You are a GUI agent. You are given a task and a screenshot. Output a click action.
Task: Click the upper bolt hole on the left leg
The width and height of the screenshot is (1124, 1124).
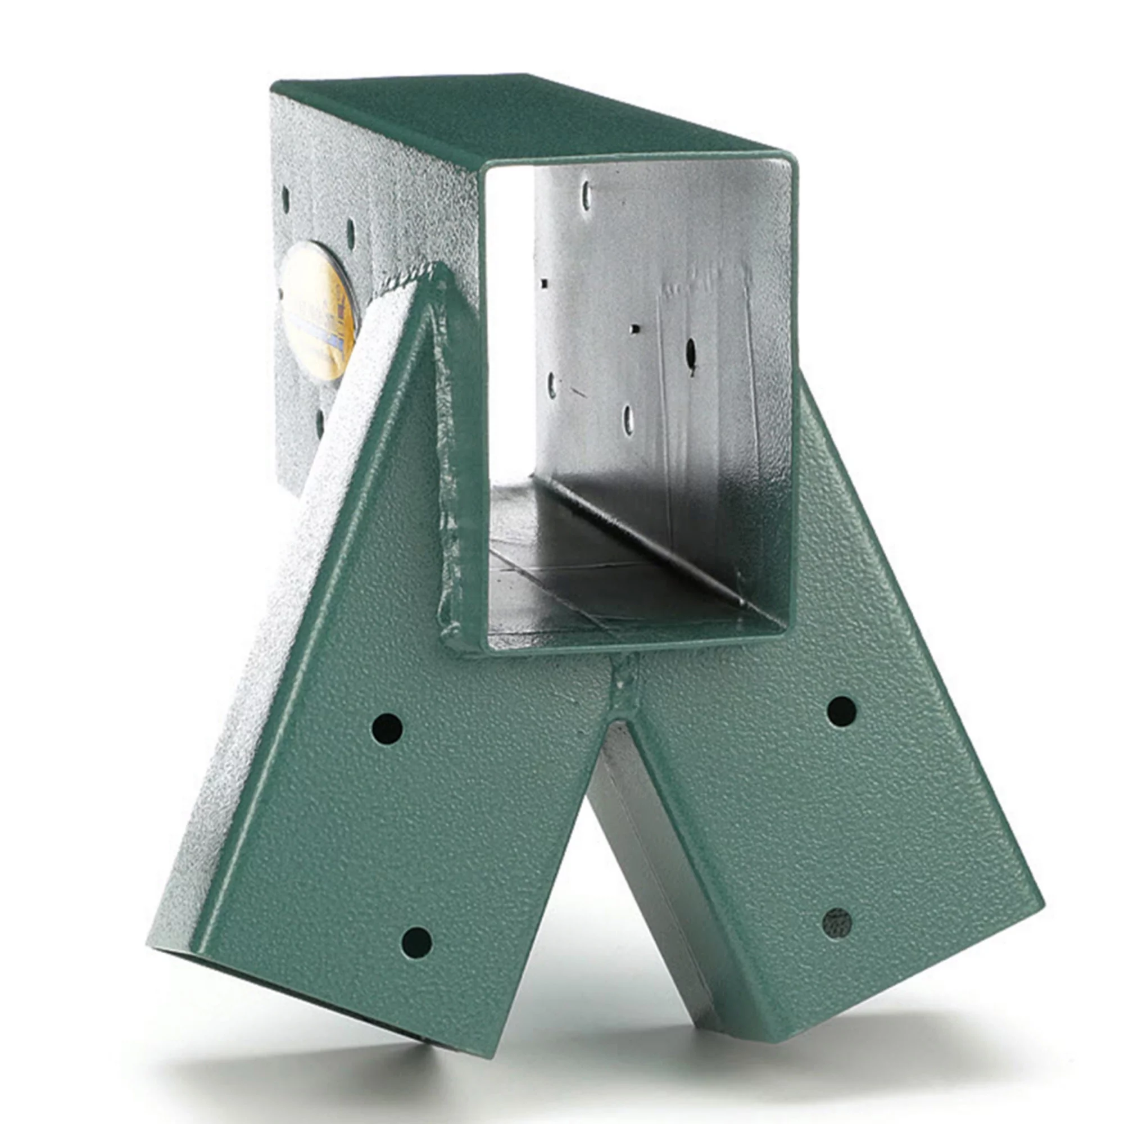point(387,728)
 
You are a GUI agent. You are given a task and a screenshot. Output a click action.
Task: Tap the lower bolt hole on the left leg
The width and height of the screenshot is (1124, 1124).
point(416,941)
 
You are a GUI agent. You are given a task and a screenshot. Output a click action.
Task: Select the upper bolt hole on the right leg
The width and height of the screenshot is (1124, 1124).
point(841,711)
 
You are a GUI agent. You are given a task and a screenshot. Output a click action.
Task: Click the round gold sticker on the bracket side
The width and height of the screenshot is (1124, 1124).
point(318,311)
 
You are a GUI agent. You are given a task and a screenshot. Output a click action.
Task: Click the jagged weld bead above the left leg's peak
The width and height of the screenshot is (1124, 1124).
point(407,279)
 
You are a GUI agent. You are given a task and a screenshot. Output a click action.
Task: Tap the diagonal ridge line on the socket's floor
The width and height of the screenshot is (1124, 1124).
point(640,541)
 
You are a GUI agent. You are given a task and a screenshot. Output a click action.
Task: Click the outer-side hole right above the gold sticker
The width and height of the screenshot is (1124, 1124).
point(350,232)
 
